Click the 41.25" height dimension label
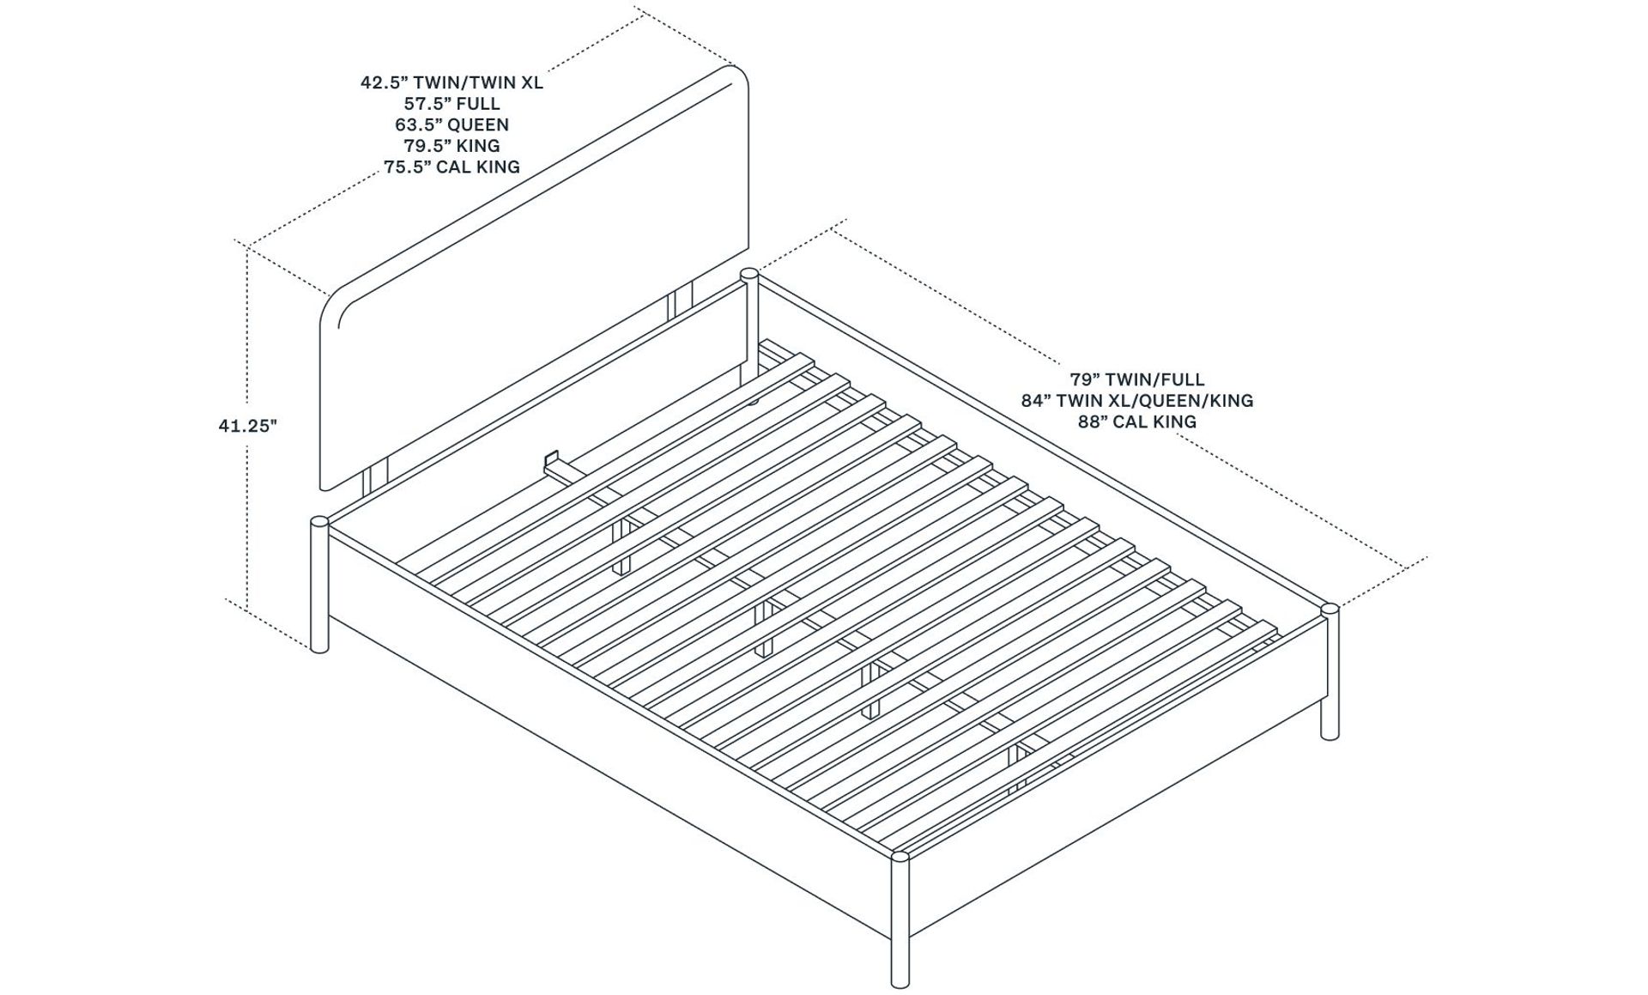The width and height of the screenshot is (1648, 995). point(248,425)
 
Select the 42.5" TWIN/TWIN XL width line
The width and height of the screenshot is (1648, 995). point(451,83)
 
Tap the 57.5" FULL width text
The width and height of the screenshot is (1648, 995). point(451,104)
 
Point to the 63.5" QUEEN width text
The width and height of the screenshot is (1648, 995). point(451,124)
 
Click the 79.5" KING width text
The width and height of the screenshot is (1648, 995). point(451,146)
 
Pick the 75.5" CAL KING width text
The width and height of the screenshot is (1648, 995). point(451,167)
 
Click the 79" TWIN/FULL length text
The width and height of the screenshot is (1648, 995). point(1136,379)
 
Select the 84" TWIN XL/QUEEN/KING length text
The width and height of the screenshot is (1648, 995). point(1136,401)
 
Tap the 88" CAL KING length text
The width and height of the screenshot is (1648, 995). point(1136,422)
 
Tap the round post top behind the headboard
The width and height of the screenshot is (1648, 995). point(748,276)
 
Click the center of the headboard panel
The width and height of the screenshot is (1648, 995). point(534,279)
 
